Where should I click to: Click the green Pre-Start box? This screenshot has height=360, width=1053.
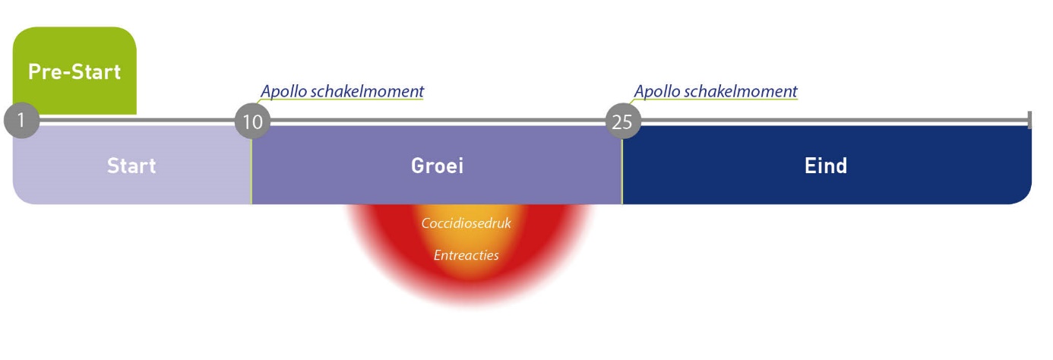(74, 71)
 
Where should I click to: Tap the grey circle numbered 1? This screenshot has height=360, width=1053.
(21, 120)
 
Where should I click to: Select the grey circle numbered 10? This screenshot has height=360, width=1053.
(252, 122)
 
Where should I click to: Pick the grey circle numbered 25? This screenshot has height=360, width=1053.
(623, 122)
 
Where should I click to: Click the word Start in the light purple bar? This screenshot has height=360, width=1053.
(131, 166)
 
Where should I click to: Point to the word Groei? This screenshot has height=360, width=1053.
(437, 166)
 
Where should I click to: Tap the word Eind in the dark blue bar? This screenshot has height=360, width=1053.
(826, 166)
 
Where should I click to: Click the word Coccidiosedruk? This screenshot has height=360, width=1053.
(466, 223)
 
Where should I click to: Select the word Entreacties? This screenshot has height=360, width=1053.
(466, 255)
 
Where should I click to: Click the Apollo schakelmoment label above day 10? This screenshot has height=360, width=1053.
(342, 91)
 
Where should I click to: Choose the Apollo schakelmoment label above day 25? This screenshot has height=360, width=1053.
(716, 91)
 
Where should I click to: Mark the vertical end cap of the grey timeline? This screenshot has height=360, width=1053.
(1029, 120)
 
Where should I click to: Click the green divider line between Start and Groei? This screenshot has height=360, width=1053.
(251, 172)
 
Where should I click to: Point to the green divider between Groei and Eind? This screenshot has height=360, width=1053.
(622, 172)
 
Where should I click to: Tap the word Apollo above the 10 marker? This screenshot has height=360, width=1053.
(284, 91)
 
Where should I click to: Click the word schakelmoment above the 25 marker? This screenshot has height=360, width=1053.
(741, 90)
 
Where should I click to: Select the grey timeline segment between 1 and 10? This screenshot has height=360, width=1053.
(137, 121)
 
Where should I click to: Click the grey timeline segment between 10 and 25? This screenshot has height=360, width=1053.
(438, 122)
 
